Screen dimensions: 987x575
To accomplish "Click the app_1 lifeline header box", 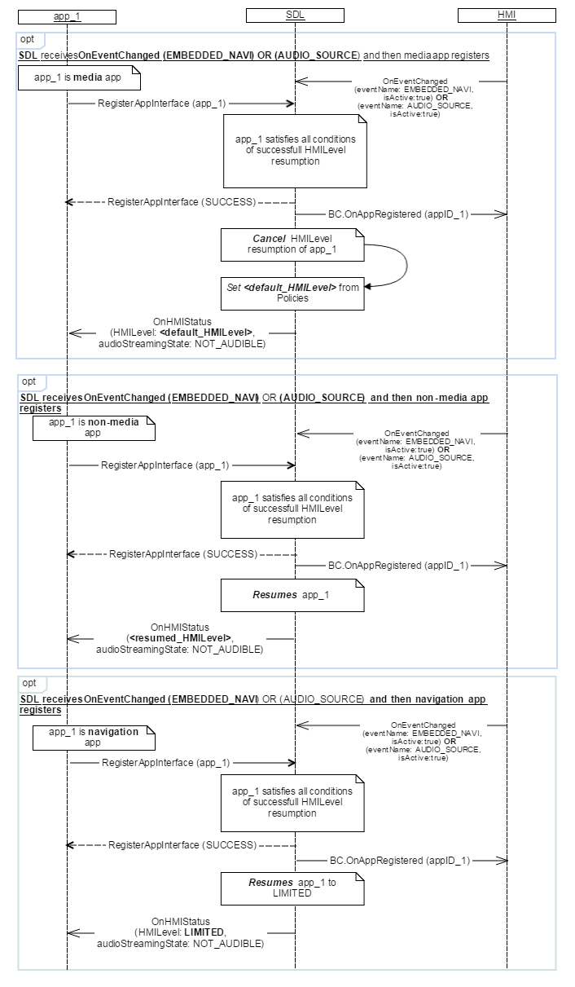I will tap(67, 15).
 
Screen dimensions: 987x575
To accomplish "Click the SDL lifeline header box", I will tap(295, 15).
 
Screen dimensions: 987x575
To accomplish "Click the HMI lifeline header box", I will tap(507, 15).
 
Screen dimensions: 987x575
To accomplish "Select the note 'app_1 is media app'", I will tap(80, 78).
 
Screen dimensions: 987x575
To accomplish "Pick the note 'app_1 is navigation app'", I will tap(93, 737).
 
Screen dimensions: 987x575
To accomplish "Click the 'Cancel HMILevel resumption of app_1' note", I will tap(292, 245).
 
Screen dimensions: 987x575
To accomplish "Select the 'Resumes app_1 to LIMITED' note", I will tap(292, 888).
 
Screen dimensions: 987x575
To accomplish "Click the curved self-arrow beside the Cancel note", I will tap(402, 265).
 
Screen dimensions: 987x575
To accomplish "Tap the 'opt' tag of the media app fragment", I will tap(29, 39).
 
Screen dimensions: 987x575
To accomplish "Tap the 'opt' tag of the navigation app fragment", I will tap(29, 682).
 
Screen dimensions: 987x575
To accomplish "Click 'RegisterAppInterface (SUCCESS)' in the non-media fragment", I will tap(182, 553).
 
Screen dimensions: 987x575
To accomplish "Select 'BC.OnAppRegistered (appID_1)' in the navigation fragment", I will tap(399, 860).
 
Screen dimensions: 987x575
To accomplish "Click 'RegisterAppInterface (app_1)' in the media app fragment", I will tap(161, 104).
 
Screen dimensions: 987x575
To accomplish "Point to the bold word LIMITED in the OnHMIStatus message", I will tap(204, 932).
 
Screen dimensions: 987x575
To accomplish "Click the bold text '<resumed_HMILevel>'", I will tap(181, 638).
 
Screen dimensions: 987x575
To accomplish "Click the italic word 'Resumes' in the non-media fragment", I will tap(274, 595).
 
